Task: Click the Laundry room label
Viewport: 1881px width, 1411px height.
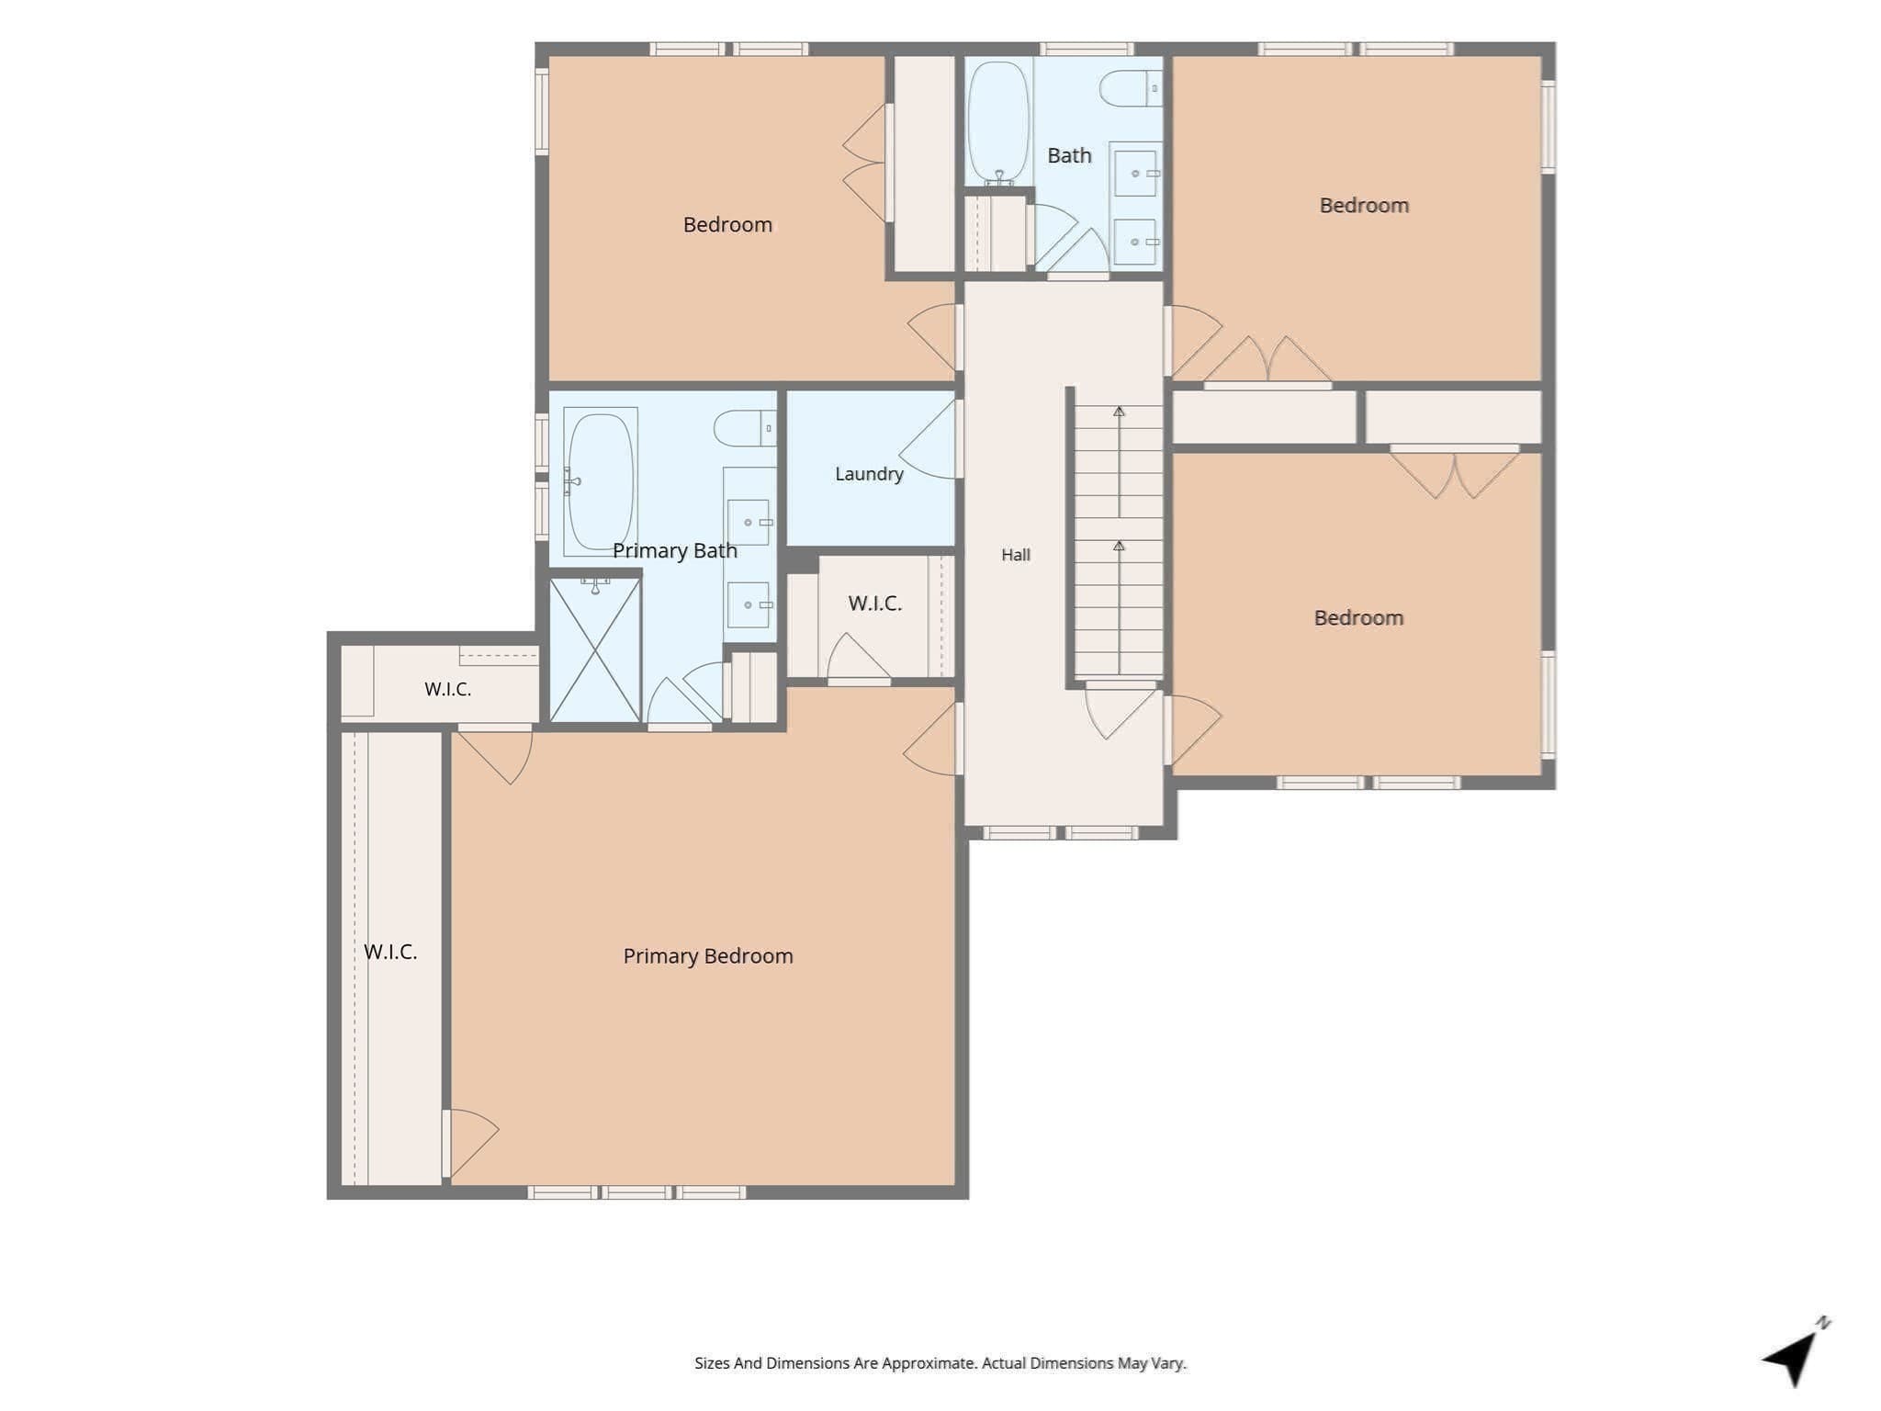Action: pyautogui.click(x=869, y=474)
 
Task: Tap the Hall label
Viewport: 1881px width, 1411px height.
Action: pyautogui.click(x=1016, y=555)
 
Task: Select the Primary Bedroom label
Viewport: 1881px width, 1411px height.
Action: pyautogui.click(x=708, y=956)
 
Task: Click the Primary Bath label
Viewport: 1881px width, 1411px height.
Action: pyautogui.click(x=675, y=550)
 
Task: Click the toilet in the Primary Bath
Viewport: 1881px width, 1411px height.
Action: pyautogui.click(x=745, y=428)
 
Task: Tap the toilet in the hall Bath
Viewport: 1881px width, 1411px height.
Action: pyautogui.click(x=1131, y=88)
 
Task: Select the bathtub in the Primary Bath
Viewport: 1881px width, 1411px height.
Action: pyautogui.click(x=601, y=481)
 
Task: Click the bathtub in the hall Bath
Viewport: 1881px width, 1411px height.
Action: pyautogui.click(x=998, y=122)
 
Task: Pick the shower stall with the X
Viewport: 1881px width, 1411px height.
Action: pyautogui.click(x=595, y=649)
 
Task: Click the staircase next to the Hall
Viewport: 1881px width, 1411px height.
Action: pyautogui.click(x=1119, y=542)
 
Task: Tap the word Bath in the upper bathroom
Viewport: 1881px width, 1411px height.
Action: pyautogui.click(x=1070, y=156)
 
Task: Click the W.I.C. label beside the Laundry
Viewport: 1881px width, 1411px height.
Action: pyautogui.click(x=875, y=604)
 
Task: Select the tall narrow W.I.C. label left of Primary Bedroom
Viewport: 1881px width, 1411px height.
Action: pyautogui.click(x=390, y=952)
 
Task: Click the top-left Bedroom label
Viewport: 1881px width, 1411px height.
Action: pyautogui.click(x=727, y=225)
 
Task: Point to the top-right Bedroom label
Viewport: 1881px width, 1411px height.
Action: pyautogui.click(x=1364, y=206)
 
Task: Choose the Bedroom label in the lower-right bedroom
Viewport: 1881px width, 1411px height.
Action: pyautogui.click(x=1358, y=618)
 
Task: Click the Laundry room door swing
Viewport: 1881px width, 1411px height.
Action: pyautogui.click(x=928, y=439)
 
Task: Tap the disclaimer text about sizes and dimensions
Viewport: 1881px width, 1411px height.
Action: pyautogui.click(x=940, y=1363)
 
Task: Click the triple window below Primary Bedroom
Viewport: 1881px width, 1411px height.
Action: pyautogui.click(x=636, y=1192)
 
